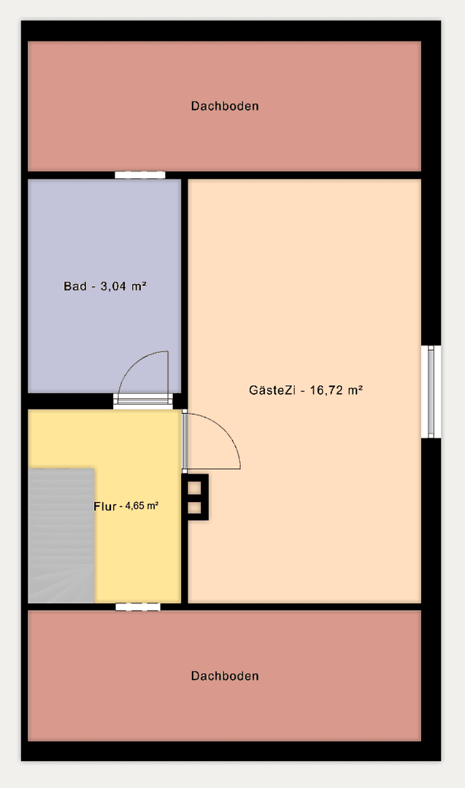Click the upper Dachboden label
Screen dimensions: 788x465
pyautogui.click(x=225, y=106)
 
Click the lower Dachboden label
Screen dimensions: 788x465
pyautogui.click(x=225, y=676)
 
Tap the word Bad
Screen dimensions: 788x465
pyautogui.click(x=74, y=286)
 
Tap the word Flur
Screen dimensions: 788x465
pyautogui.click(x=106, y=506)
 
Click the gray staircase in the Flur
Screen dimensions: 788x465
pyautogui.click(x=61, y=536)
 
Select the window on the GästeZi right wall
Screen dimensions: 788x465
pyautogui.click(x=432, y=392)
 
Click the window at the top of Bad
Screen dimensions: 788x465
pyautogui.click(x=139, y=175)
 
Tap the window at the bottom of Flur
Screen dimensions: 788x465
pyautogui.click(x=137, y=606)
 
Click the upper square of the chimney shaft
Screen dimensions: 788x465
pyautogui.click(x=195, y=487)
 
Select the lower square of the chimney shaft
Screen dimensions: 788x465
pyautogui.click(x=195, y=507)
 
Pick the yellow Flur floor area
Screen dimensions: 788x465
pyautogui.click(x=139, y=555)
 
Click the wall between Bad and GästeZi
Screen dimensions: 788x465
pyautogui.click(x=185, y=292)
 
